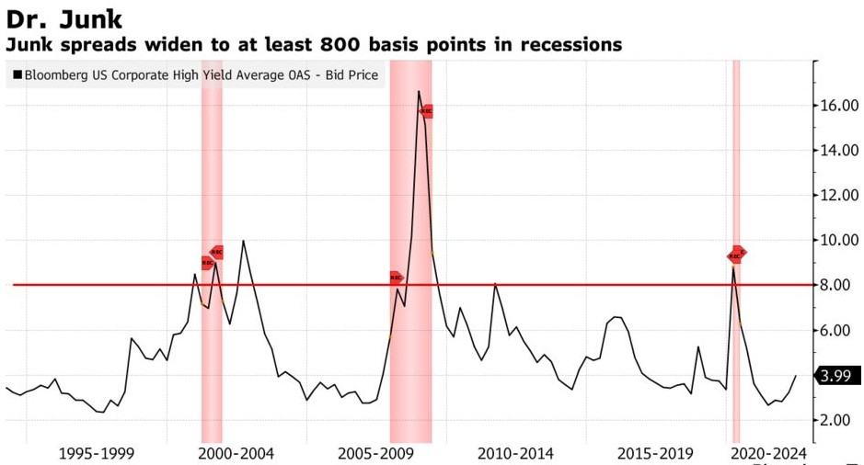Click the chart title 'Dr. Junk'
tap(64, 18)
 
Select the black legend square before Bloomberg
tap(17, 75)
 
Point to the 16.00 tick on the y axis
tap(840, 106)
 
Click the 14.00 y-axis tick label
tap(840, 151)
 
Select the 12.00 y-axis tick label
tap(840, 196)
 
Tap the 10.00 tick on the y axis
tap(840, 241)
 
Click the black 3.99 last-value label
tap(838, 376)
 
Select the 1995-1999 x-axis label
tap(97, 454)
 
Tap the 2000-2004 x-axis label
tap(236, 454)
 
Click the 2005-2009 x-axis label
tap(376, 454)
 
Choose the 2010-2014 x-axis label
tap(515, 454)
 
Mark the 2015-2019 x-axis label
tap(655, 454)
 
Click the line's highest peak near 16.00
tap(419, 91)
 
